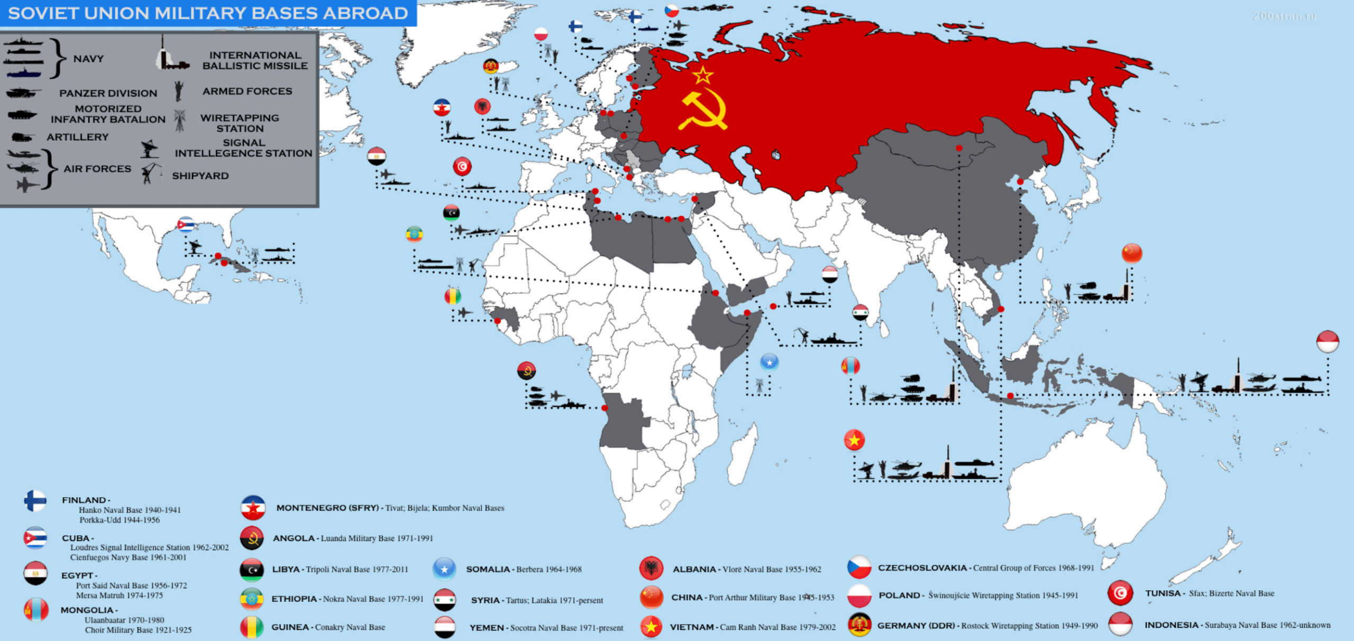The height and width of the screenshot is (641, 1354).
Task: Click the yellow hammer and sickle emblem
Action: [703, 111]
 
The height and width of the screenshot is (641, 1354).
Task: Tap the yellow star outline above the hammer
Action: [703, 75]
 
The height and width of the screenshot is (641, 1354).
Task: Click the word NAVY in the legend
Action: [88, 59]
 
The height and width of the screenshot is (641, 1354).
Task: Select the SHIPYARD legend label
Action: [200, 176]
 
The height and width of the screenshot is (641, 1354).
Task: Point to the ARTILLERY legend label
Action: [77, 137]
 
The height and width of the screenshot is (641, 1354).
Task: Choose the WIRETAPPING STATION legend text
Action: [240, 123]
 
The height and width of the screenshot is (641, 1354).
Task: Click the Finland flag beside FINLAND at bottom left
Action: [35, 501]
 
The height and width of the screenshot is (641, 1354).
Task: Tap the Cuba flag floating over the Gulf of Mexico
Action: [186, 225]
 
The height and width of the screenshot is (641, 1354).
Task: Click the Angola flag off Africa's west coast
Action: [526, 371]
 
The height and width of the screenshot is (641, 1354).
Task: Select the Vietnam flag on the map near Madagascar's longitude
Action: [854, 440]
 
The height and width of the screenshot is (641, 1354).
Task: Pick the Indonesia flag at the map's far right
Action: [1328, 342]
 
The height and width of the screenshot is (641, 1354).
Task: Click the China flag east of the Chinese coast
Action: [1132, 253]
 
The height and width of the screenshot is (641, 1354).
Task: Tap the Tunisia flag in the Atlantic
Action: [462, 167]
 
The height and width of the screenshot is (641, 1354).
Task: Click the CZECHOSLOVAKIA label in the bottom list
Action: [922, 568]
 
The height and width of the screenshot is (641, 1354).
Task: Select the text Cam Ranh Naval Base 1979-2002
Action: [777, 627]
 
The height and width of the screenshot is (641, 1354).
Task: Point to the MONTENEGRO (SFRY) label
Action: [327, 508]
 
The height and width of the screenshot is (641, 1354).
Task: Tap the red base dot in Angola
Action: [605, 408]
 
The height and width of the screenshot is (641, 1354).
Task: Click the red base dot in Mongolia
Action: [959, 149]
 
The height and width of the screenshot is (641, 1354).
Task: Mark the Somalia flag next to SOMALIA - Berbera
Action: [444, 569]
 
